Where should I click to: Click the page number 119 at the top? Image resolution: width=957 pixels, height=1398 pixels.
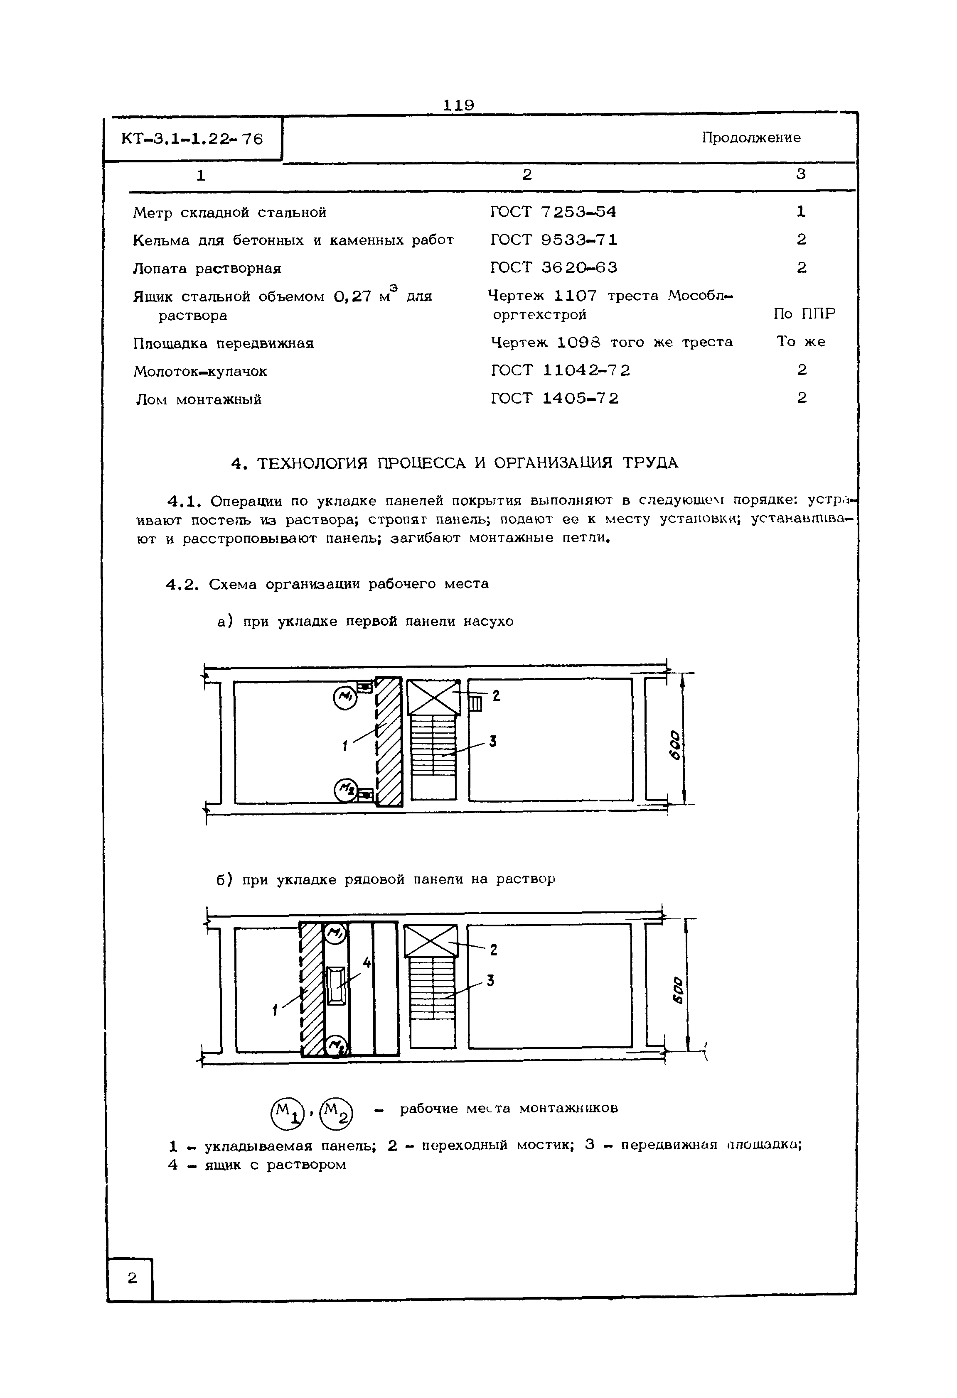459,105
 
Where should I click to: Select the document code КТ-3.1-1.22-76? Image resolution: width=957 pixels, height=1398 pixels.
192,140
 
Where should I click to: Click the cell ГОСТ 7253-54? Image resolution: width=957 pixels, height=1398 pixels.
553,212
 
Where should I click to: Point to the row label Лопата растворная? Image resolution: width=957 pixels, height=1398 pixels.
207,268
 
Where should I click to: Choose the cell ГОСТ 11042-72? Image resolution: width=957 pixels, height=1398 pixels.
560,370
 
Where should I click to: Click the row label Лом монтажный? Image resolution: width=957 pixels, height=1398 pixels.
198,399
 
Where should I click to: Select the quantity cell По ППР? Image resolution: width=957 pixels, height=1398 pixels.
804,314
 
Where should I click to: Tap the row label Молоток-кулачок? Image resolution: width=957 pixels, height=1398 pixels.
200,372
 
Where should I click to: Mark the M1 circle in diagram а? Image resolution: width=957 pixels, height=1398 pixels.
345,698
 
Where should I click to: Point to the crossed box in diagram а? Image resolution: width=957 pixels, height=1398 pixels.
433,697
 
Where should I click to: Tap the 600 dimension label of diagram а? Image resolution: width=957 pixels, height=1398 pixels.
677,745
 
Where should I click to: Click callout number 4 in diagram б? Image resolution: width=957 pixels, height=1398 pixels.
366,963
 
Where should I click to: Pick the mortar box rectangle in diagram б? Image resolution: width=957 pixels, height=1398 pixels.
336,985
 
